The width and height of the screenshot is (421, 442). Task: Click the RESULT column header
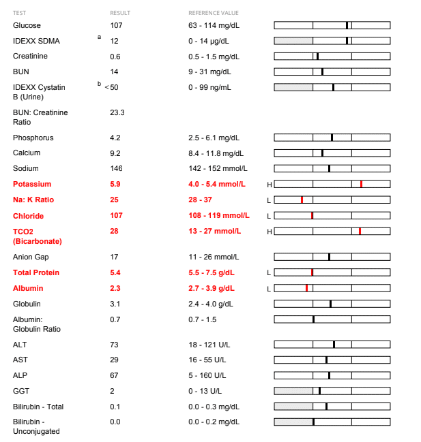(119, 13)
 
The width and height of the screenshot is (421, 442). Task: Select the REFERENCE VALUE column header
(214, 13)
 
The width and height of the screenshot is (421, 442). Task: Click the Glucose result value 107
(116, 25)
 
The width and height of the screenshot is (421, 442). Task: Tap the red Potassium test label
(32, 184)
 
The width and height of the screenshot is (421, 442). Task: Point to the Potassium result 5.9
(115, 184)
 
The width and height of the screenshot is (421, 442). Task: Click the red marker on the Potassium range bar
(361, 184)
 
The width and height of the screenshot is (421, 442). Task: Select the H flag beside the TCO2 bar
(269, 232)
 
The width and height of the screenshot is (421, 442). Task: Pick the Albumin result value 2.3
(115, 288)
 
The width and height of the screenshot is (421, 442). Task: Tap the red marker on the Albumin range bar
(306, 288)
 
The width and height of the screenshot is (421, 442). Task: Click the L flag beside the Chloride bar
(269, 216)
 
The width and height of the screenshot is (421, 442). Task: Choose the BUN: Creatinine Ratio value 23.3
(117, 112)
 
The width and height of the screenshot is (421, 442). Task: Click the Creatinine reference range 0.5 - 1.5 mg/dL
(214, 56)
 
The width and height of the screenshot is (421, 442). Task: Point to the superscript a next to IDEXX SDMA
(100, 37)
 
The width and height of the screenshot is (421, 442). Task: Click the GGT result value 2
(112, 391)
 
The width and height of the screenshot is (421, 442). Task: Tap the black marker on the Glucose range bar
(347, 25)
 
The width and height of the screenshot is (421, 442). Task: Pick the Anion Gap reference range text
(214, 257)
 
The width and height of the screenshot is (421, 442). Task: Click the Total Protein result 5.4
(115, 272)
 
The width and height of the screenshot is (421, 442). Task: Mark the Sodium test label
(25, 168)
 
